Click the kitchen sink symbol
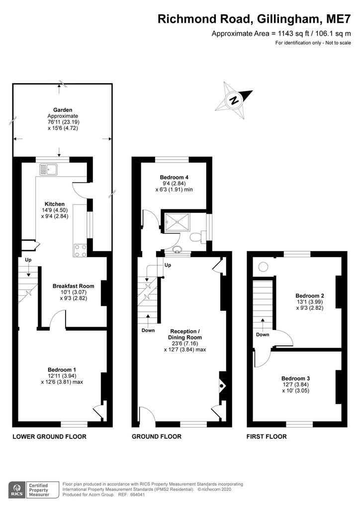pyautogui.click(x=48, y=170)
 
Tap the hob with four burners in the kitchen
pyautogui.click(x=81, y=251)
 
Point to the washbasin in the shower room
pyautogui.click(x=177, y=250)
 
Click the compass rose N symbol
pyautogui.click(x=234, y=99)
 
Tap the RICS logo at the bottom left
pyautogui.click(x=17, y=490)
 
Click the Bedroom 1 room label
pyautogui.click(x=62, y=370)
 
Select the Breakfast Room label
pyautogui.click(x=74, y=286)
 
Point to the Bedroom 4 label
pyautogui.click(x=174, y=177)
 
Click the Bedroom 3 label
pyautogui.click(x=295, y=378)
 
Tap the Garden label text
pyautogui.click(x=63, y=110)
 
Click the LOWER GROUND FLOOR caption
pyautogui.click(x=49, y=436)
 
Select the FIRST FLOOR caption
pyautogui.click(x=267, y=436)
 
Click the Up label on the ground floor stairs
pyautogui.click(x=168, y=265)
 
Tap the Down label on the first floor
pyautogui.click(x=263, y=335)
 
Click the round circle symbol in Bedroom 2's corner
pyautogui.click(x=263, y=267)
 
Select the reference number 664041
pyautogui.click(x=137, y=495)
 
